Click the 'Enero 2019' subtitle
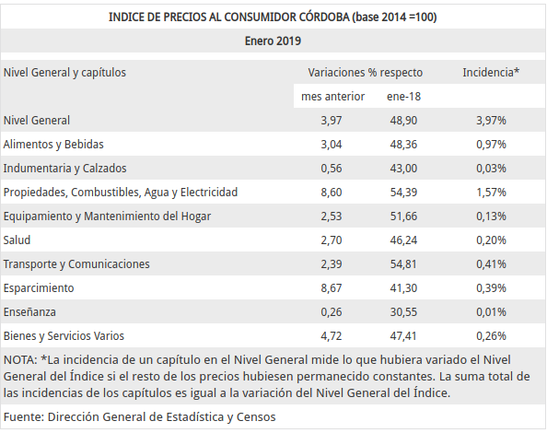(273, 41)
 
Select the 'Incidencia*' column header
(491, 72)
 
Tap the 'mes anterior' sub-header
(332, 97)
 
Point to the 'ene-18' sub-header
(403, 97)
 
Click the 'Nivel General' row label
(37, 121)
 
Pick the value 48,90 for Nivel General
(403, 121)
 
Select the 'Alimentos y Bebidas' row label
(53, 144)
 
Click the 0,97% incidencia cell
(491, 144)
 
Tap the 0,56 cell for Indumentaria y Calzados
(332, 169)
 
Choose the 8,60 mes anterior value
(332, 193)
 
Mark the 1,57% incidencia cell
(491, 193)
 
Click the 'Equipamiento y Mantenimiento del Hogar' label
(107, 216)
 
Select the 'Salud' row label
(17, 240)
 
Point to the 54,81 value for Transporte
(403, 264)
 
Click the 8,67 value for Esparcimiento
(332, 288)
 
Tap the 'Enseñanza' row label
(29, 312)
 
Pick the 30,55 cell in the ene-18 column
(403, 312)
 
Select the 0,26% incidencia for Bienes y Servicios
(491, 336)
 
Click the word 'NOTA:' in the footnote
(20, 359)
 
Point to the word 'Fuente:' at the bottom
(24, 417)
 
